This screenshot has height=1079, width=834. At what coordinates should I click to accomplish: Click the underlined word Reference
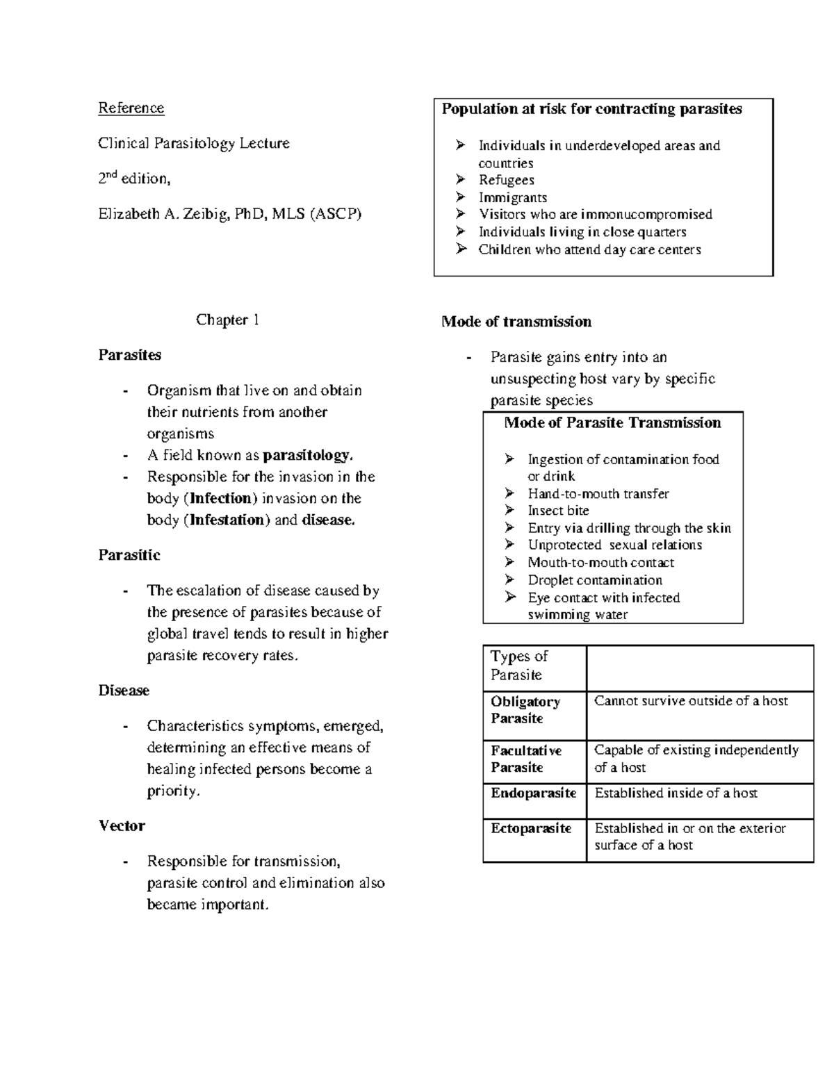click(x=131, y=108)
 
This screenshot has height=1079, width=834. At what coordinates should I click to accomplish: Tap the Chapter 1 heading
click(x=227, y=320)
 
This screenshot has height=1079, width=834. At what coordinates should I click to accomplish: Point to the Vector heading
click(x=122, y=826)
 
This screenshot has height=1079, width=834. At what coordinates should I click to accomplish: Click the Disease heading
click(x=124, y=691)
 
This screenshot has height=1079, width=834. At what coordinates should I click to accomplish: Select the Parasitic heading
click(x=129, y=555)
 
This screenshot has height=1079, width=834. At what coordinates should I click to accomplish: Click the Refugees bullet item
click(x=506, y=181)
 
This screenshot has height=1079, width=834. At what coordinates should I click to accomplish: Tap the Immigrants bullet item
click(x=512, y=198)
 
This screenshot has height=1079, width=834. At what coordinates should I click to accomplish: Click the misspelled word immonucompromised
click(x=646, y=215)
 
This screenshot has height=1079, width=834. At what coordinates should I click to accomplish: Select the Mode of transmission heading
click(x=516, y=322)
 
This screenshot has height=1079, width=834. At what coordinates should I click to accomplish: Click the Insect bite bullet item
click(x=558, y=511)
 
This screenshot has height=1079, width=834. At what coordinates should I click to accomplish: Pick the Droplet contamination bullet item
click(x=594, y=580)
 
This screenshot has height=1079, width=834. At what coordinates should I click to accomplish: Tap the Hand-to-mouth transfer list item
click(x=598, y=494)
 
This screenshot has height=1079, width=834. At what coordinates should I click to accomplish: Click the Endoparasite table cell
click(x=533, y=793)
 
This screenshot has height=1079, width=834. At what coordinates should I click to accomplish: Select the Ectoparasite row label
click(x=531, y=828)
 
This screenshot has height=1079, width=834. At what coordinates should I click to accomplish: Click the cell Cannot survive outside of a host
click(x=691, y=701)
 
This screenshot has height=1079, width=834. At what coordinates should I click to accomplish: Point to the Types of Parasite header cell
click(x=519, y=666)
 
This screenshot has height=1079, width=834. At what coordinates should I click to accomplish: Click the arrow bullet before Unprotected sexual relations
click(x=510, y=545)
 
